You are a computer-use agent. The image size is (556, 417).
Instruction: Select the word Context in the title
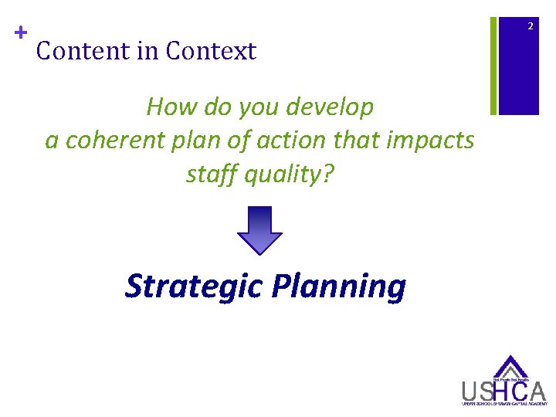[211, 52]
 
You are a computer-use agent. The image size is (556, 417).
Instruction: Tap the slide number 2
[531, 27]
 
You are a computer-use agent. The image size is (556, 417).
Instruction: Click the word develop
[331, 107]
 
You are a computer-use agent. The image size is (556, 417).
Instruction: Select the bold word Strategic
[195, 286]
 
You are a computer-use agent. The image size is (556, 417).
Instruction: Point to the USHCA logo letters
[503, 391]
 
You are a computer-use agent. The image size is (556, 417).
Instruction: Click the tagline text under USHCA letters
[503, 404]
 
